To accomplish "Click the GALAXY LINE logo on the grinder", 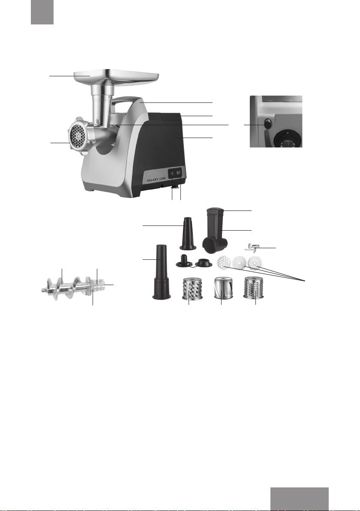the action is pyautogui.click(x=156, y=179).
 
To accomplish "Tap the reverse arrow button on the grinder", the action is pyautogui.click(x=172, y=174).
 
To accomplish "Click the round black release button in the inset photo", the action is pyautogui.click(x=268, y=124).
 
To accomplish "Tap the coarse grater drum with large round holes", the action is pyautogui.click(x=192, y=289).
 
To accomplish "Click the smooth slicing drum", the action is pyautogui.click(x=223, y=289).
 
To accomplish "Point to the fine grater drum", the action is pyautogui.click(x=254, y=289).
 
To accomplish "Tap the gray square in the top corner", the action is pyautogui.click(x=42, y=12).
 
